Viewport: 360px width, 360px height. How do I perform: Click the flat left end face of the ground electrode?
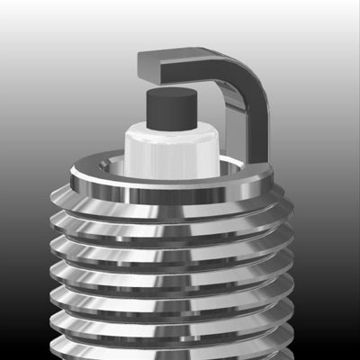pos(149,64)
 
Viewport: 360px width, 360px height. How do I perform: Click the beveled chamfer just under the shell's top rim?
pos(171,198)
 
